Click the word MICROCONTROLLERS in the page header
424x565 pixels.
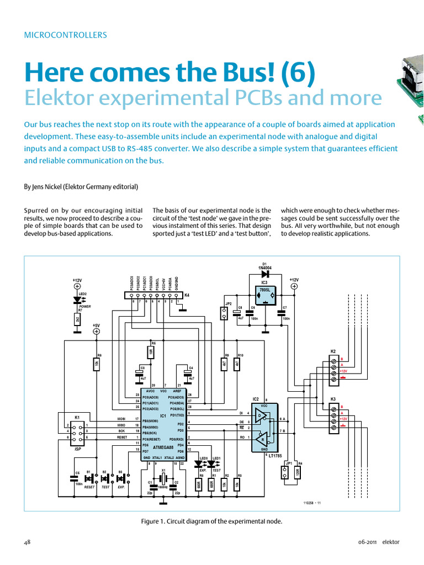(65, 35)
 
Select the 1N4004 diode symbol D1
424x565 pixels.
(265, 273)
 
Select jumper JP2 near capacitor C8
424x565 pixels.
(224, 313)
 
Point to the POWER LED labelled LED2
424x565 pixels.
(77, 300)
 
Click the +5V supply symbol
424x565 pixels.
(96, 332)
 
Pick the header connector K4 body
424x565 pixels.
(154, 296)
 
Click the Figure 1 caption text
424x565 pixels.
(211, 521)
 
